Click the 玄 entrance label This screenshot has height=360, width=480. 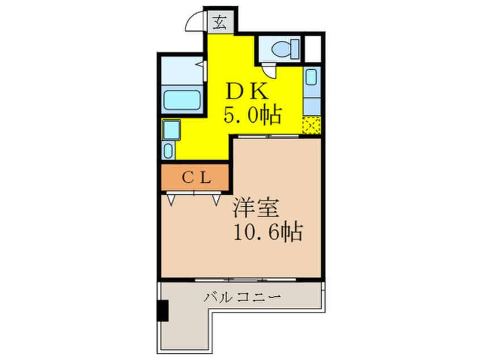pos(219,23)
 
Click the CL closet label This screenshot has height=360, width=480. pos(196,177)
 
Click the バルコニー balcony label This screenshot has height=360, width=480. pos(242,297)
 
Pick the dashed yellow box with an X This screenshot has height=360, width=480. pos(311,125)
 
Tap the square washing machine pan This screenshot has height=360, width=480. pos(170,130)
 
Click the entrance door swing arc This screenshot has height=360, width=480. pos(195,23)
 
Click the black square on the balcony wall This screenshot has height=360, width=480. pos(163,310)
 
